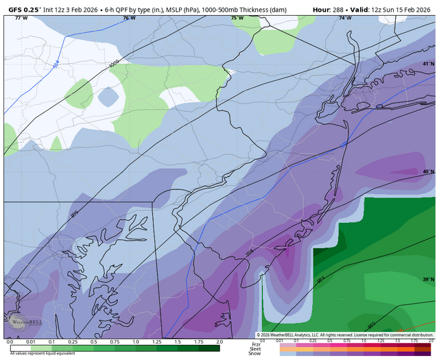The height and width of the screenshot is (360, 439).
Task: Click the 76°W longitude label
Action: (129, 19)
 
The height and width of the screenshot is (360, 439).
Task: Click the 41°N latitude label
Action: (429, 64)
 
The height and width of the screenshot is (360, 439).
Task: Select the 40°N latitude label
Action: (429, 172)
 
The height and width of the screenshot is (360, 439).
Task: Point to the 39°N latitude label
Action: (429, 280)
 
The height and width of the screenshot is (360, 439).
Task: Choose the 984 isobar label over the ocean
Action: (321, 281)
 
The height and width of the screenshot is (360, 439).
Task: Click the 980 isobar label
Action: (371, 325)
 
